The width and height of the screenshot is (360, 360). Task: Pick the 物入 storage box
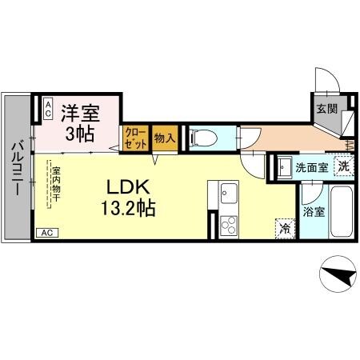(x=163, y=138)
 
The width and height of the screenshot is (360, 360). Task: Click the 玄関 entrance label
(x=325, y=109)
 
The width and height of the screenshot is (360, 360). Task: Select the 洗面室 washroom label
(x=311, y=168)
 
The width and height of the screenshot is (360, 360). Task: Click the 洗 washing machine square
(x=342, y=167)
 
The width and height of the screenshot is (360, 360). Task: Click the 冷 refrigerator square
(x=284, y=227)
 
